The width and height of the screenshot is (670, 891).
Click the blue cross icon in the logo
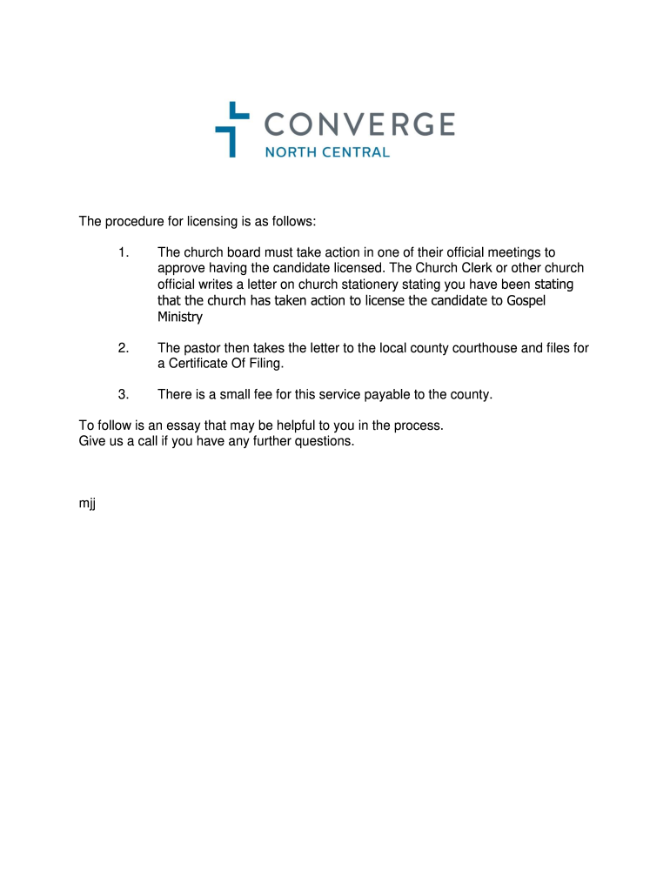click(x=231, y=129)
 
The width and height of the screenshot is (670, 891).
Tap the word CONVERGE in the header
click(x=358, y=124)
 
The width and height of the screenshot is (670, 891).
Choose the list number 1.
click(x=124, y=252)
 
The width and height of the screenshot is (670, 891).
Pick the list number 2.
click(x=124, y=348)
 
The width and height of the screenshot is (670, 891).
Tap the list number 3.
click(x=124, y=395)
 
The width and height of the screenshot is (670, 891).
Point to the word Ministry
click(x=180, y=317)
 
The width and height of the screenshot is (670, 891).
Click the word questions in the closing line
click(x=325, y=441)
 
